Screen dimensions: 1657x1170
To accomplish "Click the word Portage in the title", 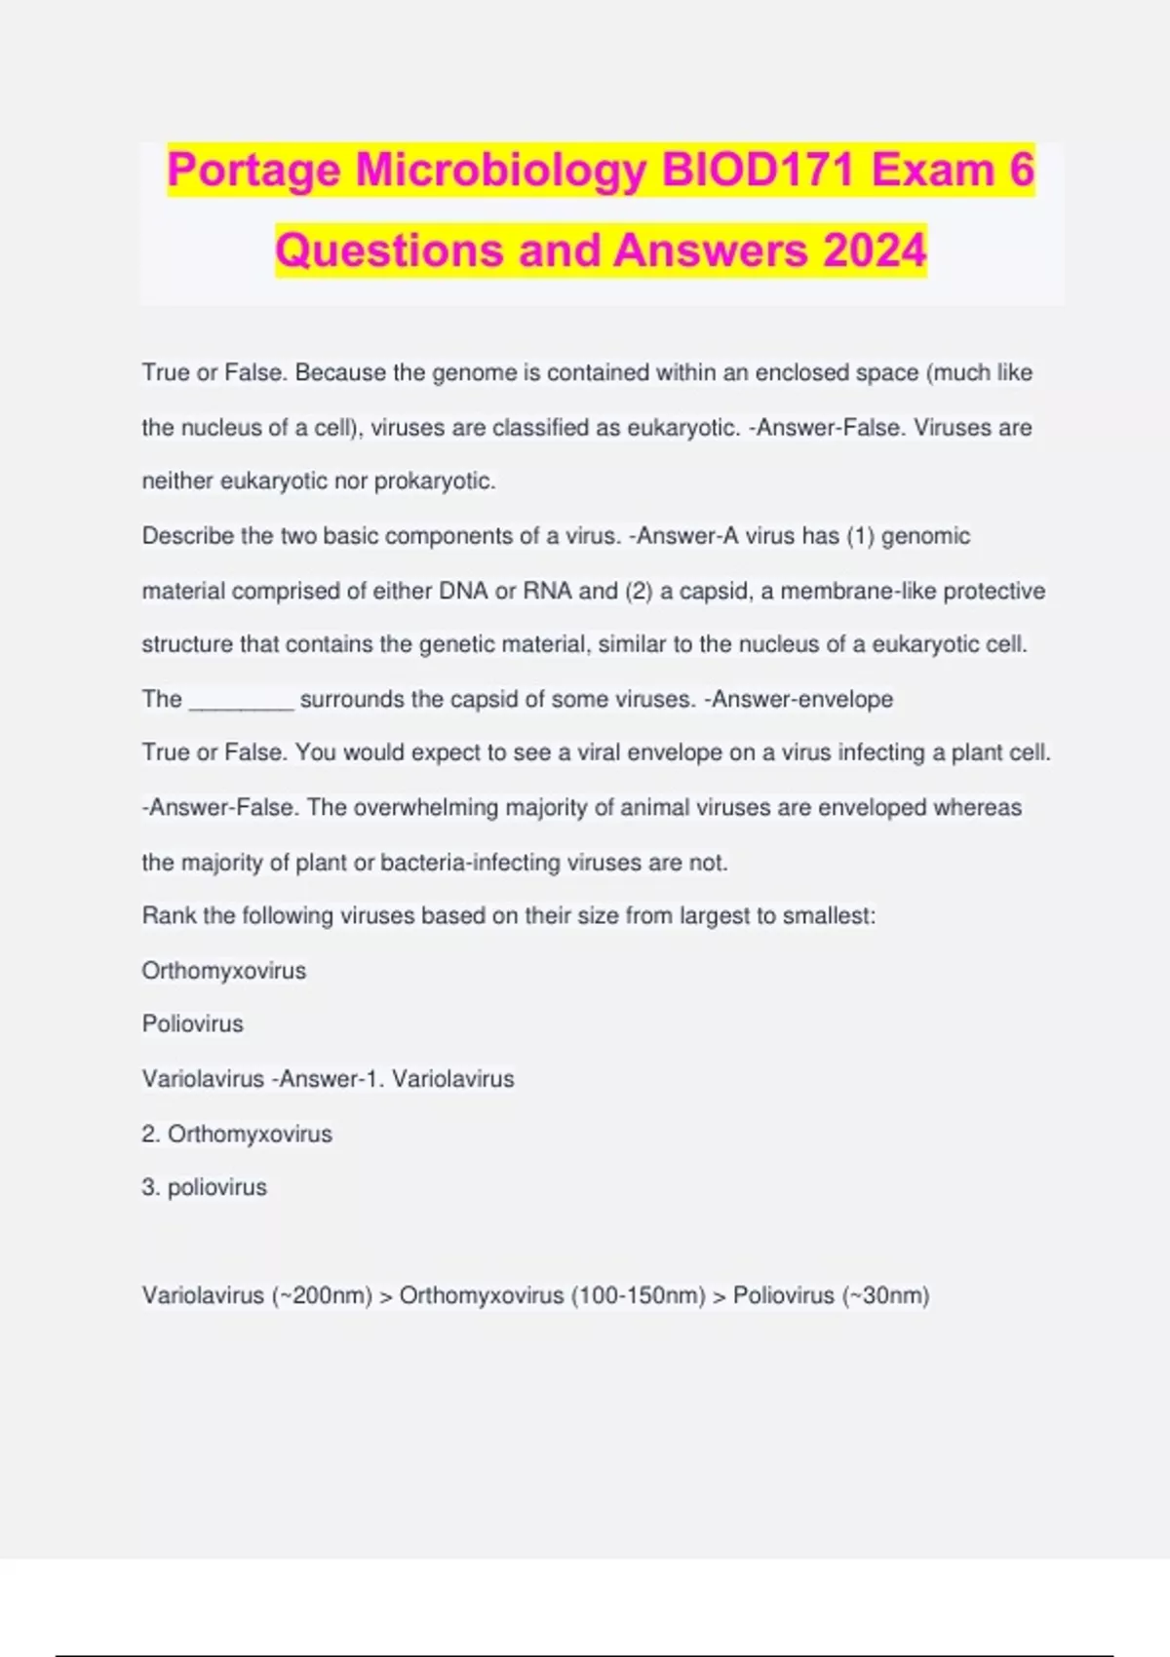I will [x=254, y=171].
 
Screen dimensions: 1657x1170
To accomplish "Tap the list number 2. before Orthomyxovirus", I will [x=151, y=1135].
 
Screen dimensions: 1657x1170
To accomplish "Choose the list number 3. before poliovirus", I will [x=151, y=1188].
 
